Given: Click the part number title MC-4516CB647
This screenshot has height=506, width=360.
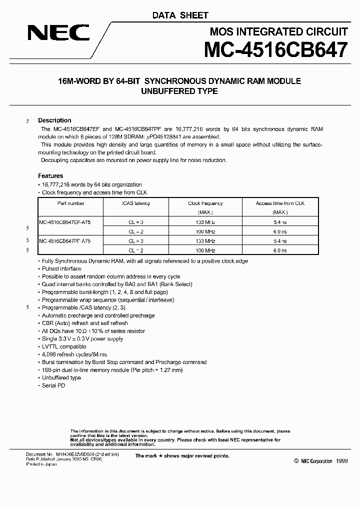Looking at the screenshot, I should point(275,51).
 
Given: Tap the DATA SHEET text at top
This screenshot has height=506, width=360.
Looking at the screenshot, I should point(180,15).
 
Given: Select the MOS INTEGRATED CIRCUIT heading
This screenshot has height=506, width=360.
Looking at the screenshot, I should point(278,32).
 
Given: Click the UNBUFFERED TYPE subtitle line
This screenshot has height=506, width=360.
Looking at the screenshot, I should point(180,91).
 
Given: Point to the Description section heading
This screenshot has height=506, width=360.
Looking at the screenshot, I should point(54,120).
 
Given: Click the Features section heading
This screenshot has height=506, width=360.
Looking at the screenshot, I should point(50,176).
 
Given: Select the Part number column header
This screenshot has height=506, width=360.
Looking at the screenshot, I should point(70,203).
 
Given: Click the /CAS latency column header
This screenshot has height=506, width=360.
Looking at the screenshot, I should point(135,203).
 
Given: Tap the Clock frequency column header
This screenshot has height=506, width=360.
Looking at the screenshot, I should point(205,203).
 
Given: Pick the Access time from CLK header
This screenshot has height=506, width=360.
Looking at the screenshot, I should point(279,203).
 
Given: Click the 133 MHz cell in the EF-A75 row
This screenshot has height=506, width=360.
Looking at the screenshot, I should point(205,221).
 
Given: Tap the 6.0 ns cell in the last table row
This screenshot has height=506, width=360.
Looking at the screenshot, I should point(279,250).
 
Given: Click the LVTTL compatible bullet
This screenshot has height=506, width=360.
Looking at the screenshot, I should point(64,346).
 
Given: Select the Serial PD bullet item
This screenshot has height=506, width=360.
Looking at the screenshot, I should point(53,385).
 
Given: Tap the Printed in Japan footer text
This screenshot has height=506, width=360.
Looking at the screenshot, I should point(41,464).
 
